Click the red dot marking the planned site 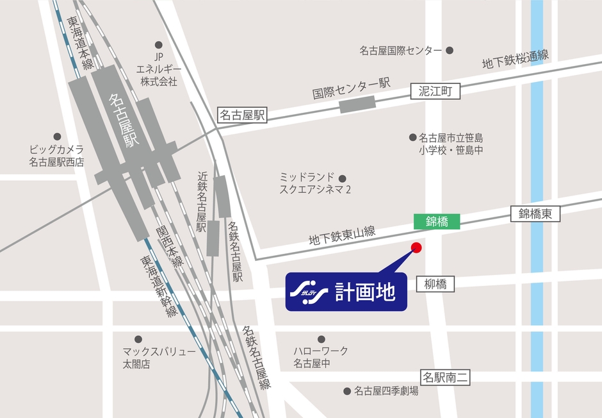(x=416, y=247)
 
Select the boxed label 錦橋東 (x=535, y=214)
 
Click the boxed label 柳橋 (x=435, y=283)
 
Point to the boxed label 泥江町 (x=435, y=92)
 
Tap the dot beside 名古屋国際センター (x=450, y=50)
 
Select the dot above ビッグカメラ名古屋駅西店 (x=57, y=137)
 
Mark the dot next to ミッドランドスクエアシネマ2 (x=343, y=178)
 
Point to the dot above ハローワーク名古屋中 (x=320, y=339)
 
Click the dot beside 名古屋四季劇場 (x=347, y=390)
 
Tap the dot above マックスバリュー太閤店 (x=138, y=339)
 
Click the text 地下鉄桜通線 (x=515, y=60)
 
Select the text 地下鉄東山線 (x=341, y=235)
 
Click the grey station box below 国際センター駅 (x=357, y=104)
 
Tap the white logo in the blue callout (x=309, y=292)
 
